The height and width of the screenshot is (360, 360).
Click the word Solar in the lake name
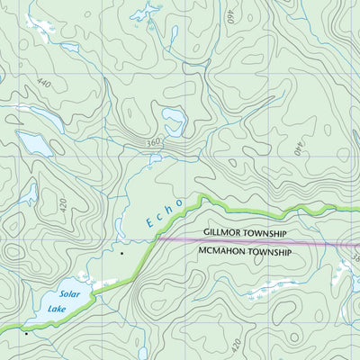coord(69,294)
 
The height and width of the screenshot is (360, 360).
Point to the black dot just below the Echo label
coord(121,254)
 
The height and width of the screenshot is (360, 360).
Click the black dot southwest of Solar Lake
coord(26,334)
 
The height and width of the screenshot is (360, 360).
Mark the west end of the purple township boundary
coord(159,239)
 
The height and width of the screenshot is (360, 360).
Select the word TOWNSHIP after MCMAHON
coord(274,253)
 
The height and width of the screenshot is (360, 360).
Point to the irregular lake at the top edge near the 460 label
coord(144,12)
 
